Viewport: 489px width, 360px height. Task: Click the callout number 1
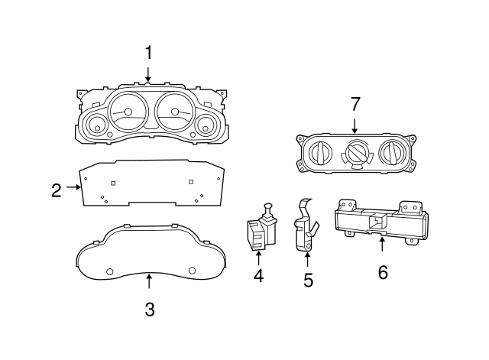[x=149, y=53]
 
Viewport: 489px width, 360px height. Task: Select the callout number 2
[x=57, y=190]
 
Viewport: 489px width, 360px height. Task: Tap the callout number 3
[x=150, y=310]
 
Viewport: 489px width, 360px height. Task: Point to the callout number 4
[x=258, y=276]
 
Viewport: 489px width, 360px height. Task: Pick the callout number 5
[x=308, y=280]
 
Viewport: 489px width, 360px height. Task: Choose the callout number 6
[x=383, y=272]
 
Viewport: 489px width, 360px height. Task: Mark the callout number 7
[x=355, y=104]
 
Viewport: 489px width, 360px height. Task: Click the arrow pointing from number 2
[x=73, y=186]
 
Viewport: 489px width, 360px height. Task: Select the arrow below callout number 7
[x=355, y=126]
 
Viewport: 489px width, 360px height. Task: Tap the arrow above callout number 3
[x=149, y=281]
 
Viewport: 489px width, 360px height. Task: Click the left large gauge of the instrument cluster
[x=128, y=112]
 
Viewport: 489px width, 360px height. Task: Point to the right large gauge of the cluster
[x=174, y=112]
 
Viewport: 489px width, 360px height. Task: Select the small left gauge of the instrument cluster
[x=96, y=125]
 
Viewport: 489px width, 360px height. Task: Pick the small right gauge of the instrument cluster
[x=206, y=125]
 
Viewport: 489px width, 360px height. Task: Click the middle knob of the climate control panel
[x=356, y=153]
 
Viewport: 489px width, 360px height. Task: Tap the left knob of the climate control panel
[x=320, y=153]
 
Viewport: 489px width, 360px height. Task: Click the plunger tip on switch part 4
[x=268, y=206]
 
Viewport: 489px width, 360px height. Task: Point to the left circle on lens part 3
[x=110, y=271]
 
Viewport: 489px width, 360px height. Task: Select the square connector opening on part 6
[x=377, y=221]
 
